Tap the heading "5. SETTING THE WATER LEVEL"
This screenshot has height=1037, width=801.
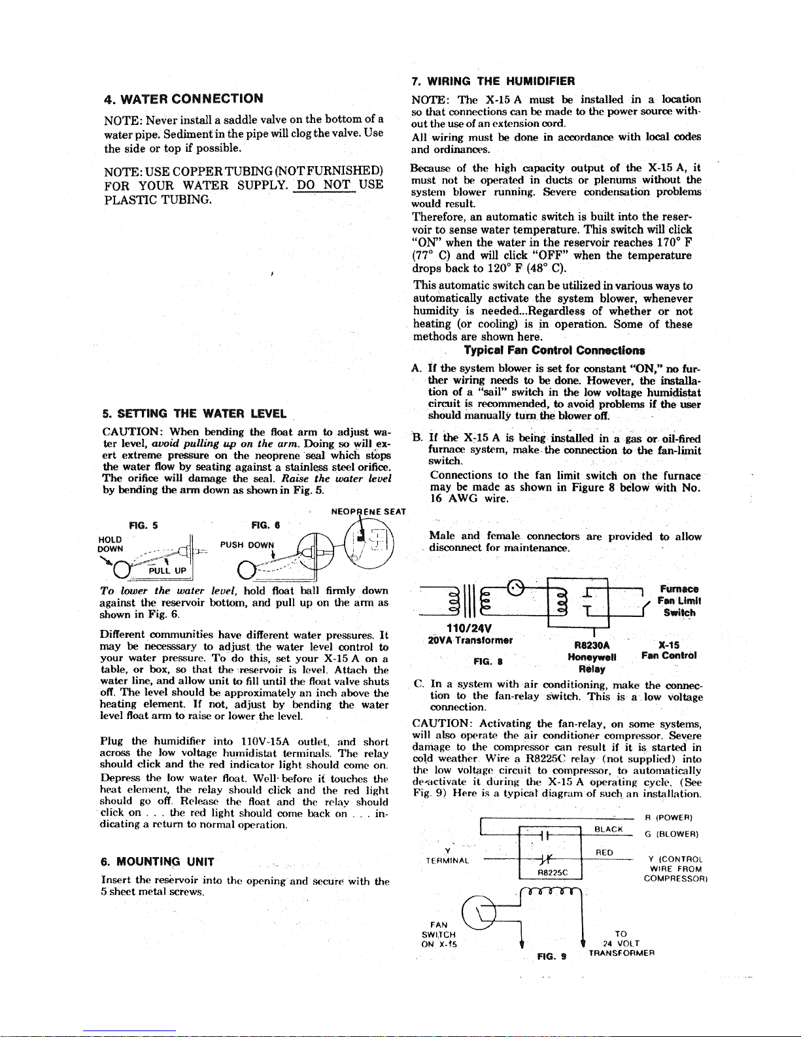pos(194,413)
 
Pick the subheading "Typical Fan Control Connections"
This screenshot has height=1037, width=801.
pos(554,350)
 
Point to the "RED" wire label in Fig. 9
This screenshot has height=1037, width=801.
pos(605,852)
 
